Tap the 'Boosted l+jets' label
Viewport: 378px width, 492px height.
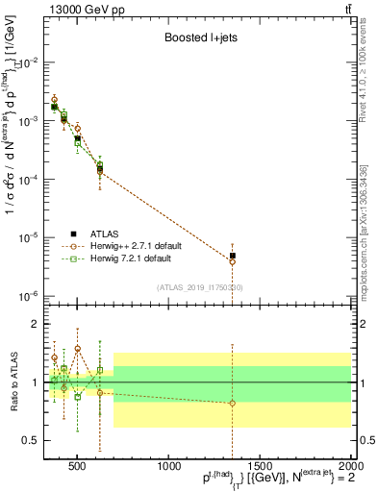tap(196, 39)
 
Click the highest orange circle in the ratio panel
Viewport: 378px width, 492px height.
tap(78, 349)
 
